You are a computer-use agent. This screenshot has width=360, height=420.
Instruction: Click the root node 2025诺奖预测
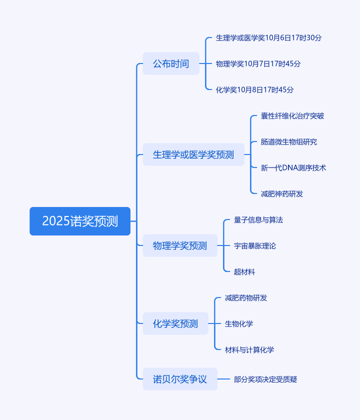80,221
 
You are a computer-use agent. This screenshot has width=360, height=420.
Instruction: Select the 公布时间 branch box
171,63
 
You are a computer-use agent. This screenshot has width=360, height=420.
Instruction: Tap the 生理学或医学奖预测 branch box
193,154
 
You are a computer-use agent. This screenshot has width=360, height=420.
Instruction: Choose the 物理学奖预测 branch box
180,245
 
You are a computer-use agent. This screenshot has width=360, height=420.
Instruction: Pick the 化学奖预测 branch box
175,323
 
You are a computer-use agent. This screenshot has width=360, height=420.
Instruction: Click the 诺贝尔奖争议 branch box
180,379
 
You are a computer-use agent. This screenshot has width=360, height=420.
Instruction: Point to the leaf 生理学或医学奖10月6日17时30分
268,37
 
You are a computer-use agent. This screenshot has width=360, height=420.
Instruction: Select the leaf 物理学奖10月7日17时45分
258,63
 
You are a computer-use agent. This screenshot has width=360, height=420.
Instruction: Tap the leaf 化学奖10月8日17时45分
254,90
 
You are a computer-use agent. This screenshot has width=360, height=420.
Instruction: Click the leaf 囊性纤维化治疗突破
292,116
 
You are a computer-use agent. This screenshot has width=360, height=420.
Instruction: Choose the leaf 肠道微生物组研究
288,142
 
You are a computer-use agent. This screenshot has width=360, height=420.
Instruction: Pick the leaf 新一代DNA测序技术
293,168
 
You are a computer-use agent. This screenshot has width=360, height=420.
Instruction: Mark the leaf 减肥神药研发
281,194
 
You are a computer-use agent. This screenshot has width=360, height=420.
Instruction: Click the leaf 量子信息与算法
258,220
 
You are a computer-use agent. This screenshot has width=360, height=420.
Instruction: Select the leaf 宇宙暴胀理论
254,246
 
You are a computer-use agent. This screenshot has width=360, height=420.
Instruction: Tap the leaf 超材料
244,272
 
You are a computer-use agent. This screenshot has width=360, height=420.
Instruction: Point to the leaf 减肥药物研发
245,298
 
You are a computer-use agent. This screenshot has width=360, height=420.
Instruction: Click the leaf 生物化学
238,324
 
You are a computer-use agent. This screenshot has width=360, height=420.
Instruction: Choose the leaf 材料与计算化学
249,350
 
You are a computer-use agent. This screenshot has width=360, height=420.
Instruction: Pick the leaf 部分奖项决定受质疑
265,379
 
